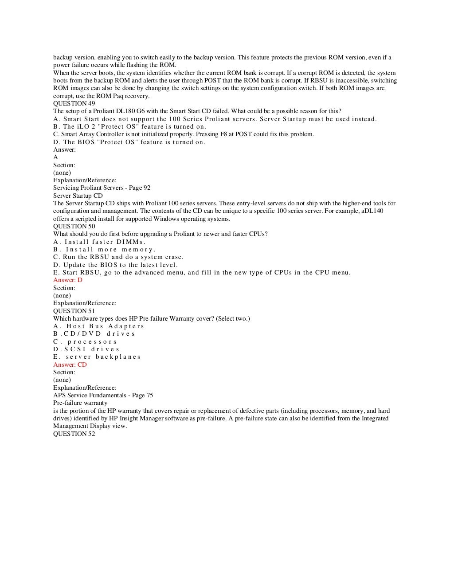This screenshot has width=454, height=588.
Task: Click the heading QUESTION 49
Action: pos(74,103)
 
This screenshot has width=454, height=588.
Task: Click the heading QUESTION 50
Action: pos(74,226)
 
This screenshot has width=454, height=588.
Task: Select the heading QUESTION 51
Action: pos(74,311)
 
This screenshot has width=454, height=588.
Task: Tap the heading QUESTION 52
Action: pos(74,434)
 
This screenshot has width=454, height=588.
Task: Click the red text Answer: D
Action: pos(68,280)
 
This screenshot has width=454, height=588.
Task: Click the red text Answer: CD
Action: pos(70,365)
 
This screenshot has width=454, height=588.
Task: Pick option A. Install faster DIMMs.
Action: pos(99,242)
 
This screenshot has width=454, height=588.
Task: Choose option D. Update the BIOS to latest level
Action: pos(115,265)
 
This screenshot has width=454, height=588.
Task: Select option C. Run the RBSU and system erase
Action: pos(118,257)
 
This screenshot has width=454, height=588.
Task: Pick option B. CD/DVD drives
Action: pos(94,333)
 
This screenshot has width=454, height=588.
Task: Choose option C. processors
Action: pos(85,341)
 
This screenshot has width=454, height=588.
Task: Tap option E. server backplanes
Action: pos(97,357)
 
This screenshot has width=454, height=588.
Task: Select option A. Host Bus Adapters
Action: pos(98,326)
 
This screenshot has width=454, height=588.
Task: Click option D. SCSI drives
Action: pos(86,349)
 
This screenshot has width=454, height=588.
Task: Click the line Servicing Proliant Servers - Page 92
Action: pos(102,188)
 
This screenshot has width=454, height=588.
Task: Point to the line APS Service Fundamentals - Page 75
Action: pos(103,395)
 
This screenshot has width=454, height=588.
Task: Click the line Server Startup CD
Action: pos(78,196)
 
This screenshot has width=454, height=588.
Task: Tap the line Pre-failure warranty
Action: pos(80,403)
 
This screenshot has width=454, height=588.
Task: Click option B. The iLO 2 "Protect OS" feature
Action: pos(129,126)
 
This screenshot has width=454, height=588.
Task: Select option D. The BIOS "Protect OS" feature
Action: pos(129,142)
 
